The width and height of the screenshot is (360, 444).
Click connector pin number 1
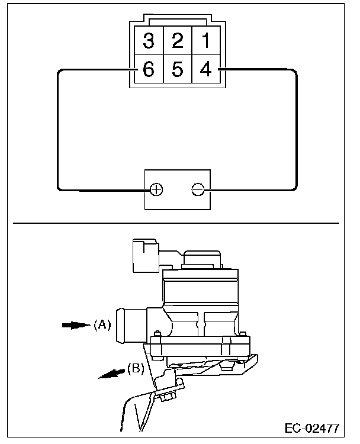pos(205,41)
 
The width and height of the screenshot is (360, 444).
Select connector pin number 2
pos(177,41)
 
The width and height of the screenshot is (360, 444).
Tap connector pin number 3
pos(149,41)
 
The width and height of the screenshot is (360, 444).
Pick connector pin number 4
pos(205,69)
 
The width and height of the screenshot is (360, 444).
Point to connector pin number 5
pos(177,69)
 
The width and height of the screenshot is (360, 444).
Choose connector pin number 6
pos(149,69)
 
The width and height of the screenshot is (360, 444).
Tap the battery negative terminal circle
pos(198,189)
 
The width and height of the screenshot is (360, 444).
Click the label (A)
pos(102,324)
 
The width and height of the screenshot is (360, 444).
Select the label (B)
pos(136,368)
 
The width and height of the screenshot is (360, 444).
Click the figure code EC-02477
pos(311,427)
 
